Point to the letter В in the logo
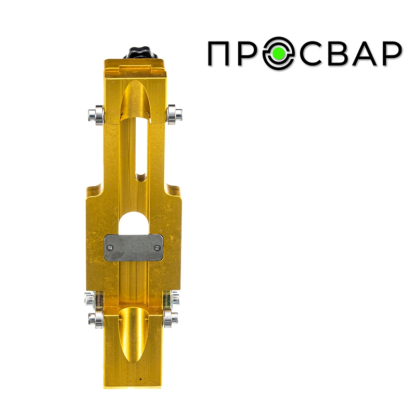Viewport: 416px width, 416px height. pyautogui.click(x=341, y=54)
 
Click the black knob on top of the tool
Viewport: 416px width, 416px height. pyautogui.click(x=140, y=53)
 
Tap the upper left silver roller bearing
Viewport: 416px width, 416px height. pyautogui.click(x=96, y=115)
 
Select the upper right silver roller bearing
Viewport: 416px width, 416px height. pyautogui.click(x=174, y=114)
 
